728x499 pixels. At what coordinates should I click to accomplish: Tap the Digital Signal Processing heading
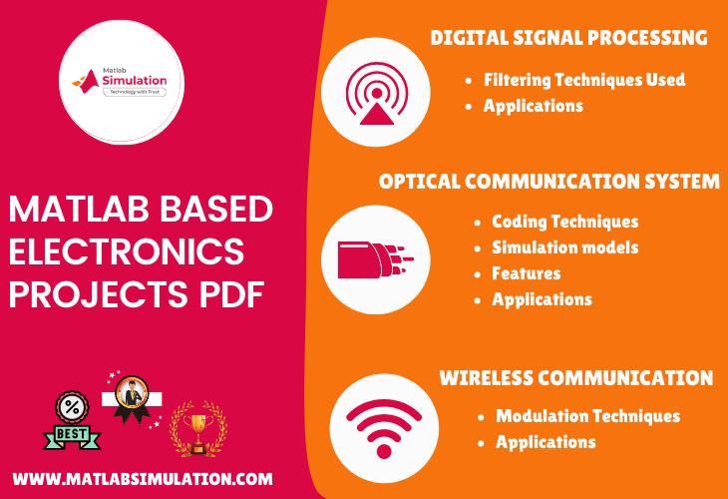pos(568,38)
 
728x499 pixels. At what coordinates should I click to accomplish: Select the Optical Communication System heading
pos(548,182)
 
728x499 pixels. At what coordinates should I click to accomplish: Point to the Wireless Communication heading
pos(575,378)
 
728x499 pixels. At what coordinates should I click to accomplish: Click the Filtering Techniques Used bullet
pos(584,80)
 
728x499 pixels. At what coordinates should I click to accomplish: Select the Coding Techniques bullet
pos(564,222)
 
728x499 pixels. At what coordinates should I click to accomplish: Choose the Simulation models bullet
pos(564,248)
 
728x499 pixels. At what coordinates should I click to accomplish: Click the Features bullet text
pos(526,273)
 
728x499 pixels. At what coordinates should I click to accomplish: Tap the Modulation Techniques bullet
pos(587,416)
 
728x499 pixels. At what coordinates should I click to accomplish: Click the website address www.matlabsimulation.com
pos(143,479)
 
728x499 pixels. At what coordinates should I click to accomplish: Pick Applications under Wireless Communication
pos(546,442)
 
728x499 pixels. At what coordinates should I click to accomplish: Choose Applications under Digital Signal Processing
pos(533,106)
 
